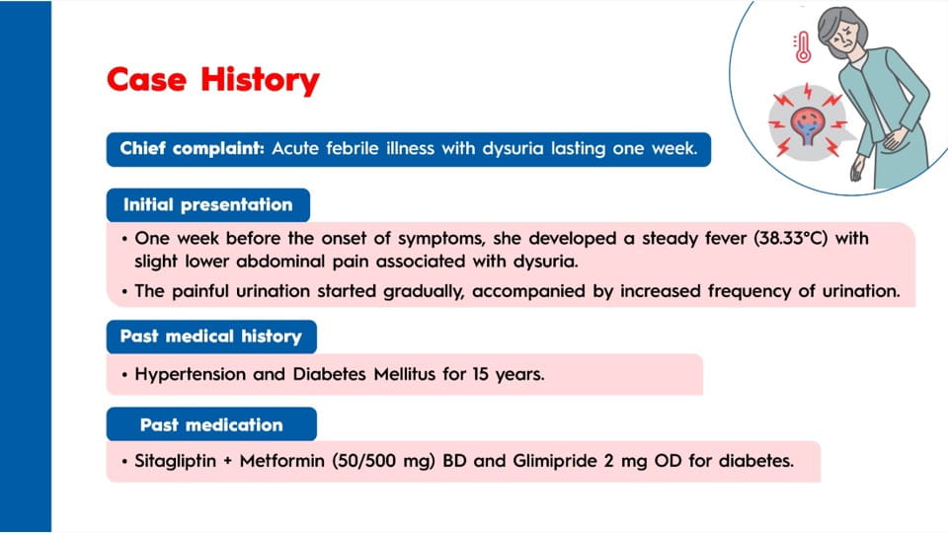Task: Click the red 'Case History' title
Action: click(213, 80)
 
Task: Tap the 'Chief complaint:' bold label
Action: click(193, 149)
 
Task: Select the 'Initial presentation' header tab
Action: click(208, 205)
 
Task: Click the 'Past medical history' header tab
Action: click(211, 337)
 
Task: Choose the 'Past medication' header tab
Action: click(211, 424)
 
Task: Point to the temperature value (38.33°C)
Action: click(790, 238)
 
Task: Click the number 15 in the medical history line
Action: click(481, 374)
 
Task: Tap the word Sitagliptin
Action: click(176, 461)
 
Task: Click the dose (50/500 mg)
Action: click(383, 461)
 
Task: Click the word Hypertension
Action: click(190, 375)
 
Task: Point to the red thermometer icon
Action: click(802, 47)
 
